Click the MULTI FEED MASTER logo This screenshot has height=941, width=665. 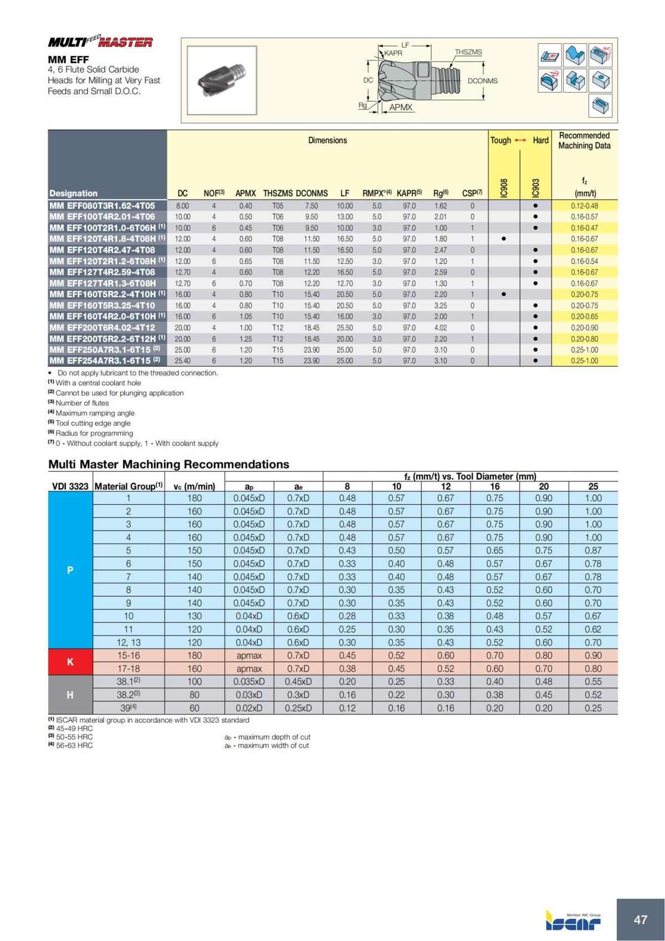click(100, 42)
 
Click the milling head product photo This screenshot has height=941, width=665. click(222, 80)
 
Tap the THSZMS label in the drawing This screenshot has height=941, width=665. click(468, 52)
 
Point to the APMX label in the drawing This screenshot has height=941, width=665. click(401, 107)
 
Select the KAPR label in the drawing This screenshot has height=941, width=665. click(393, 53)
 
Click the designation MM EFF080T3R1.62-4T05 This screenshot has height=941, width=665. click(102, 206)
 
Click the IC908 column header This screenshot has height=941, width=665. click(504, 187)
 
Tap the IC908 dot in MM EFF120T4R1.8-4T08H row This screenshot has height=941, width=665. click(503, 239)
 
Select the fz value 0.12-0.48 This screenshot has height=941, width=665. click(584, 206)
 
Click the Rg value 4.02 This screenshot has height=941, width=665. click(441, 328)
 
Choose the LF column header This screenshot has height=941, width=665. click(345, 194)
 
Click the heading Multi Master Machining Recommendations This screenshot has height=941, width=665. click(168, 464)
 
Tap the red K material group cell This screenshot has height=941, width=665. click(70, 662)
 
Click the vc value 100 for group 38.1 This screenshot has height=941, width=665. click(195, 681)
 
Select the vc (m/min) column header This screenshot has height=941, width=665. click(194, 486)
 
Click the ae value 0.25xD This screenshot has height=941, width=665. click(298, 708)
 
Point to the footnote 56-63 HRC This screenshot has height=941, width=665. click(74, 746)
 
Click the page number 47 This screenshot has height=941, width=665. click(640, 919)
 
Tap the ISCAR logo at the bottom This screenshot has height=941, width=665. click(573, 922)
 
